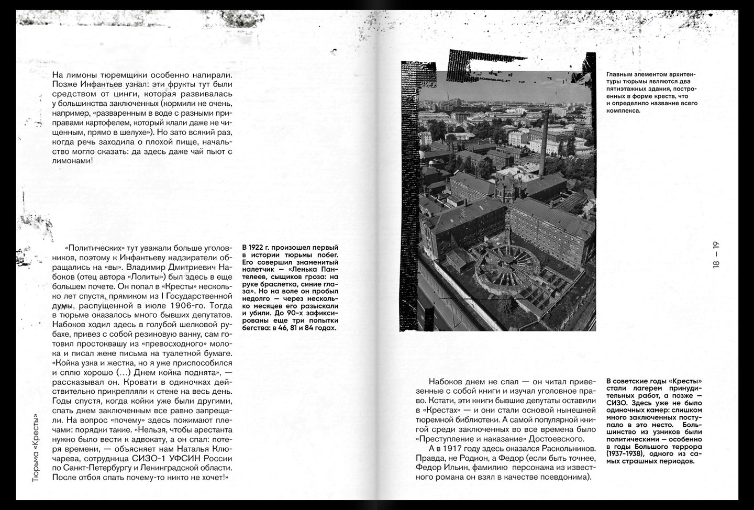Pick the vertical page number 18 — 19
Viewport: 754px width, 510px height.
tap(716, 254)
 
